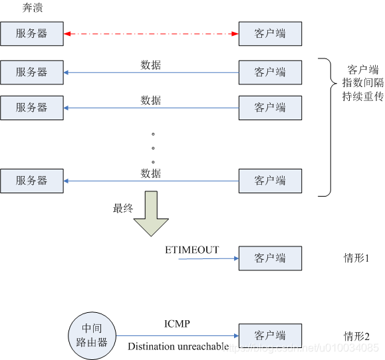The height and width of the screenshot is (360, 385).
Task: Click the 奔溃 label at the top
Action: click(32, 7)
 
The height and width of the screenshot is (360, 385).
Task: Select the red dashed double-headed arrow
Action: click(151, 33)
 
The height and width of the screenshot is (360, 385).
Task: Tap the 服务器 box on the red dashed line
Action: click(32, 33)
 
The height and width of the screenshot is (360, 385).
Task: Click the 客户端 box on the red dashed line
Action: click(270, 33)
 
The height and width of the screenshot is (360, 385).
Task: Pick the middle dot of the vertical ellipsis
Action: click(153, 147)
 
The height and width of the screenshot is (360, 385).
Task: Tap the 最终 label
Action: click(123, 208)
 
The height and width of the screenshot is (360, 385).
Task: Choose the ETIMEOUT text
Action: click(192, 250)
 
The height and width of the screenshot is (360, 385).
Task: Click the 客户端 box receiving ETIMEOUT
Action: click(270, 258)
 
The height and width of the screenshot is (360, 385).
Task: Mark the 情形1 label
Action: click(356, 258)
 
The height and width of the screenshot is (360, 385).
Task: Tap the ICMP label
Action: click(177, 324)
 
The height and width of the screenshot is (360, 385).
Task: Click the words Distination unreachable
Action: click(178, 346)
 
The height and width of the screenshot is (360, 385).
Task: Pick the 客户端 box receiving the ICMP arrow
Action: click(270, 335)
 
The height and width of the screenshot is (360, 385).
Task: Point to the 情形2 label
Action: click(356, 335)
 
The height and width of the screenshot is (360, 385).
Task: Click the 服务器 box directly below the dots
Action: click(32, 180)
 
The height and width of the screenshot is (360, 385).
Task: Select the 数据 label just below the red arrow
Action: click(151, 65)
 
